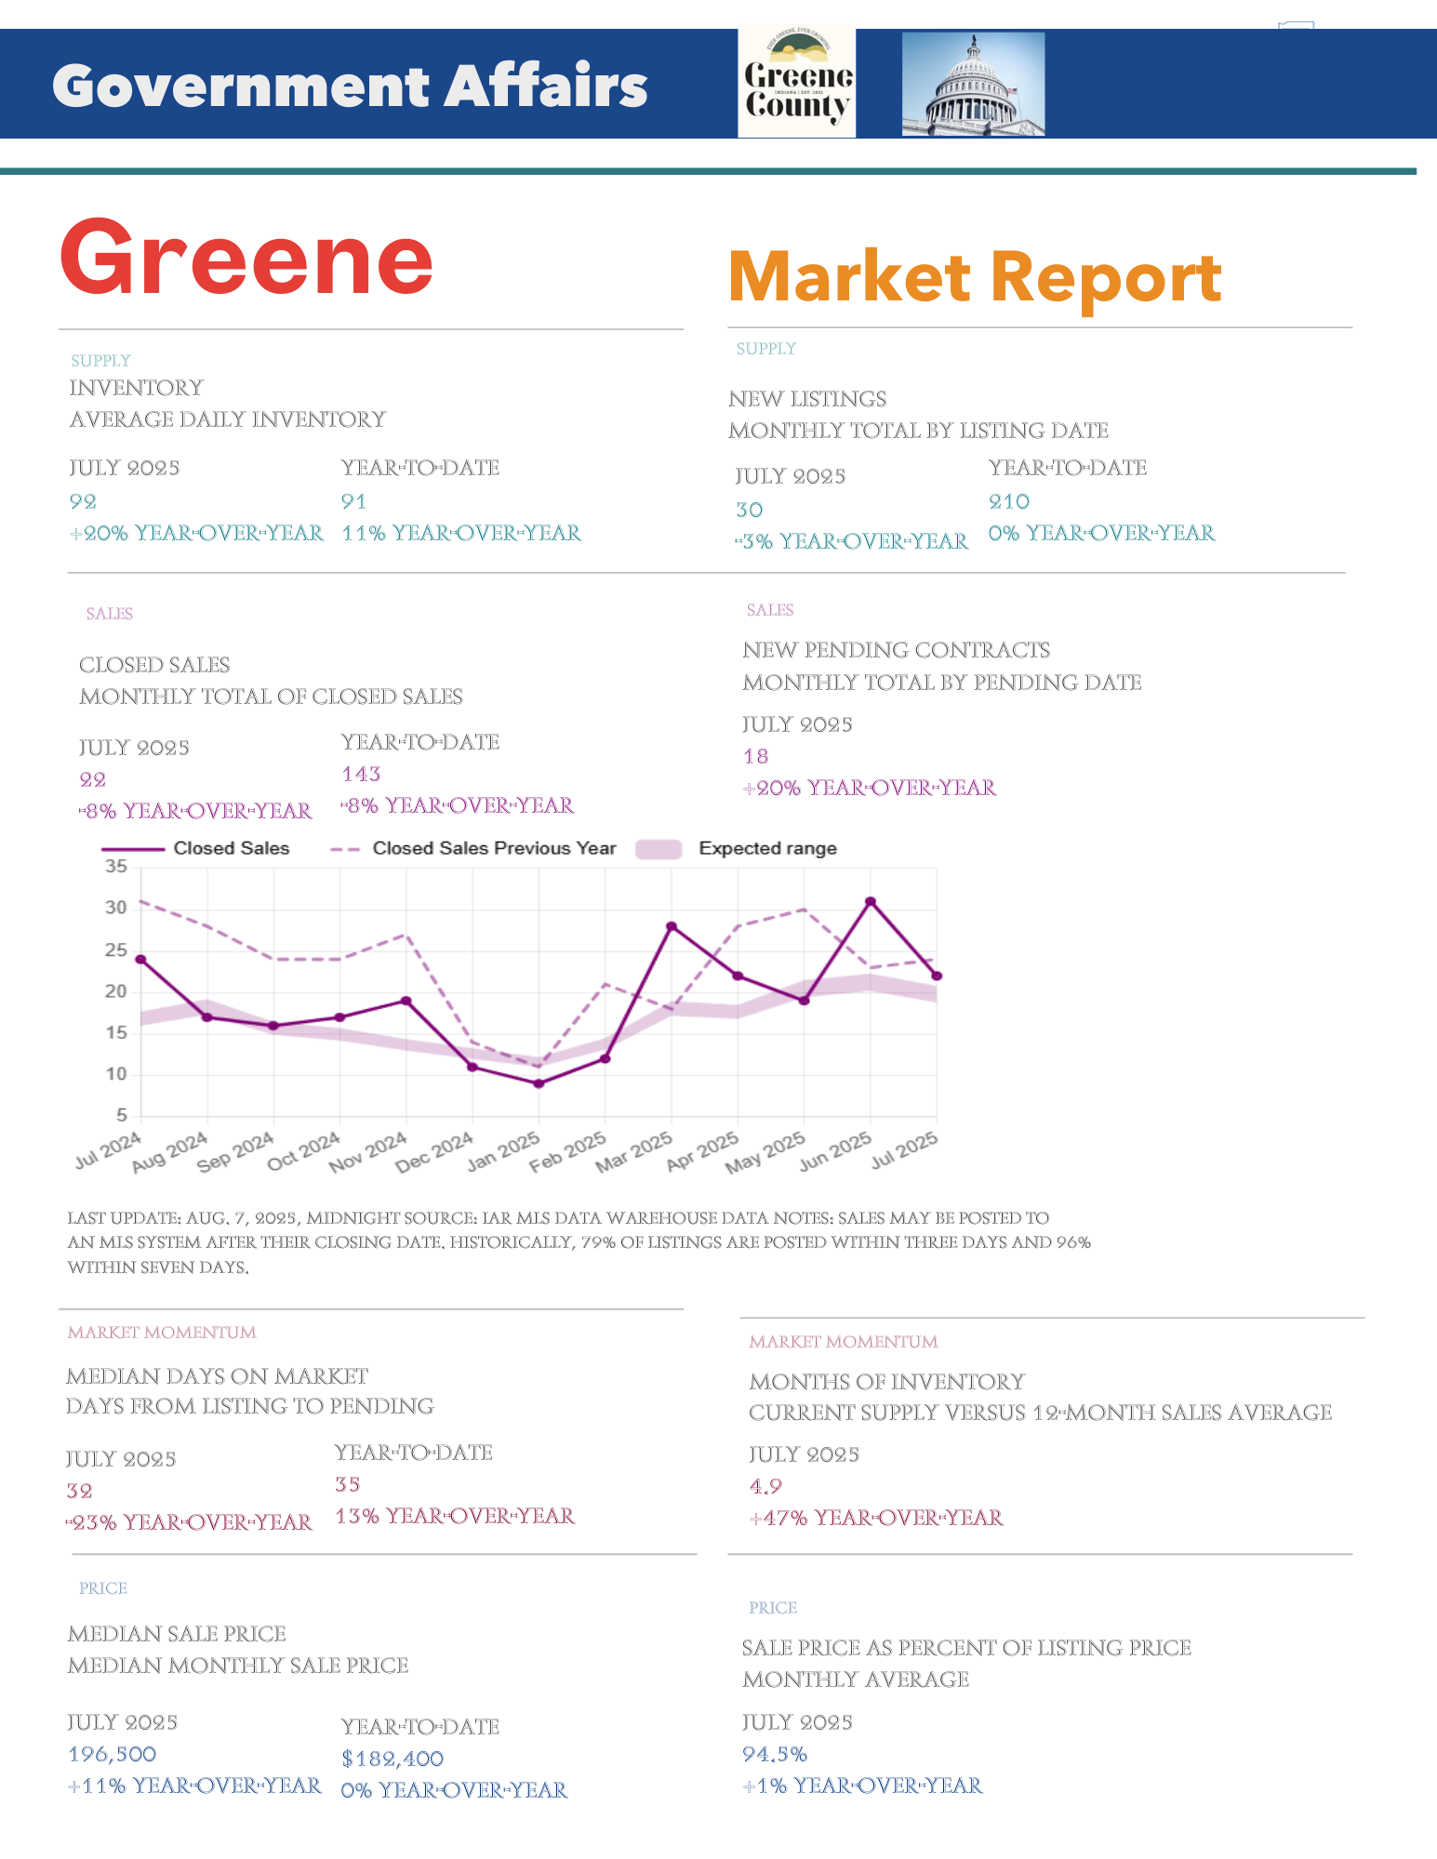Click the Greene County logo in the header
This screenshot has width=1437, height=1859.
pyautogui.click(x=797, y=84)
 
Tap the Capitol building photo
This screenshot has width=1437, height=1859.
pyautogui.click(x=973, y=85)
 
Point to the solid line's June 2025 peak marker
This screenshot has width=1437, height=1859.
pyautogui.click(x=871, y=901)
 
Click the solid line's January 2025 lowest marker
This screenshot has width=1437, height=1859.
pyautogui.click(x=539, y=1083)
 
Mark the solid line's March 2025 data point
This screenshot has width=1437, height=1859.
pyautogui.click(x=672, y=926)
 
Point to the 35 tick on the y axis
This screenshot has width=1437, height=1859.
pyautogui.click(x=116, y=867)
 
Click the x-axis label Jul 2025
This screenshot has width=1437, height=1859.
pyautogui.click(x=905, y=1150)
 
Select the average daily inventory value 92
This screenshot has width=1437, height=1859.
pyautogui.click(x=84, y=501)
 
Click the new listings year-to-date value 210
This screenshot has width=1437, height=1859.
pyautogui.click(x=1009, y=501)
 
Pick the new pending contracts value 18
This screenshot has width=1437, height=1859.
pyautogui.click(x=756, y=756)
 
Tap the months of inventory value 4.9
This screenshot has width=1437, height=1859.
pyautogui.click(x=765, y=1486)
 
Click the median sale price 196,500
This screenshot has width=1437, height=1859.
pyautogui.click(x=113, y=1754)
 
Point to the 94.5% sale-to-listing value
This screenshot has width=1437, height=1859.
pyautogui.click(x=775, y=1754)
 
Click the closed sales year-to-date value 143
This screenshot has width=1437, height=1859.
pyautogui.click(x=362, y=774)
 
